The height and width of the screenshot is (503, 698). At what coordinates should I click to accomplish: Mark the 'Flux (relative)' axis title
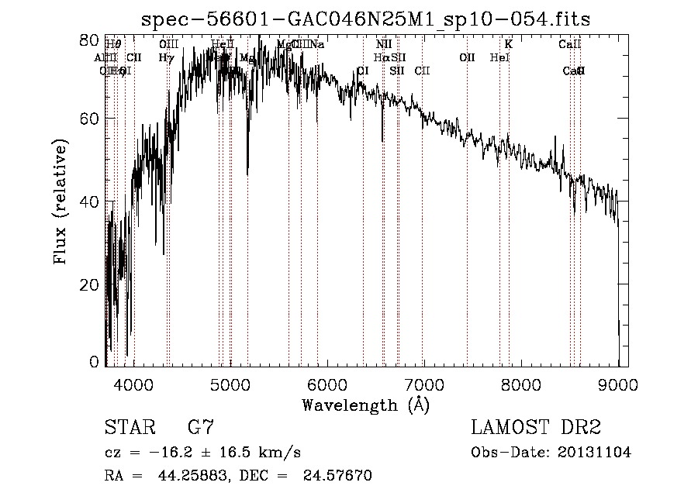tap(60, 201)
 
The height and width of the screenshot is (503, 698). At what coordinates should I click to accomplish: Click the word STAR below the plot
tap(129, 427)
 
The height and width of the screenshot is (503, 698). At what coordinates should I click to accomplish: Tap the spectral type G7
tap(200, 427)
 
